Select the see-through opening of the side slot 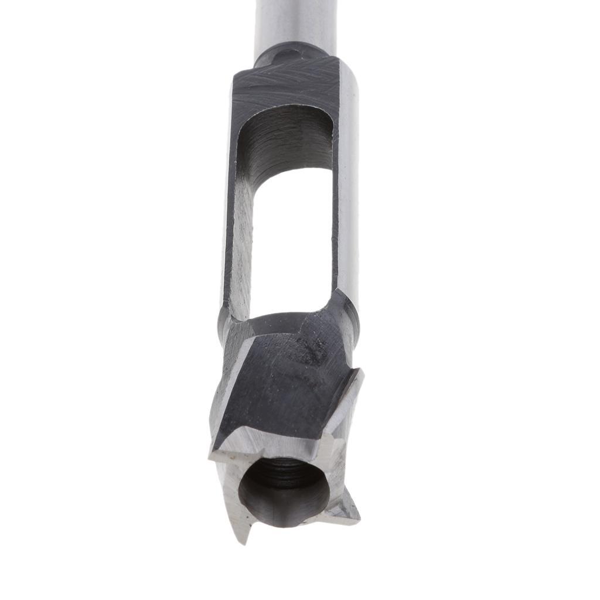291,240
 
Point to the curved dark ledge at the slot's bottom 275,322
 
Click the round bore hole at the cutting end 284,492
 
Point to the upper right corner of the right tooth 360,371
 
